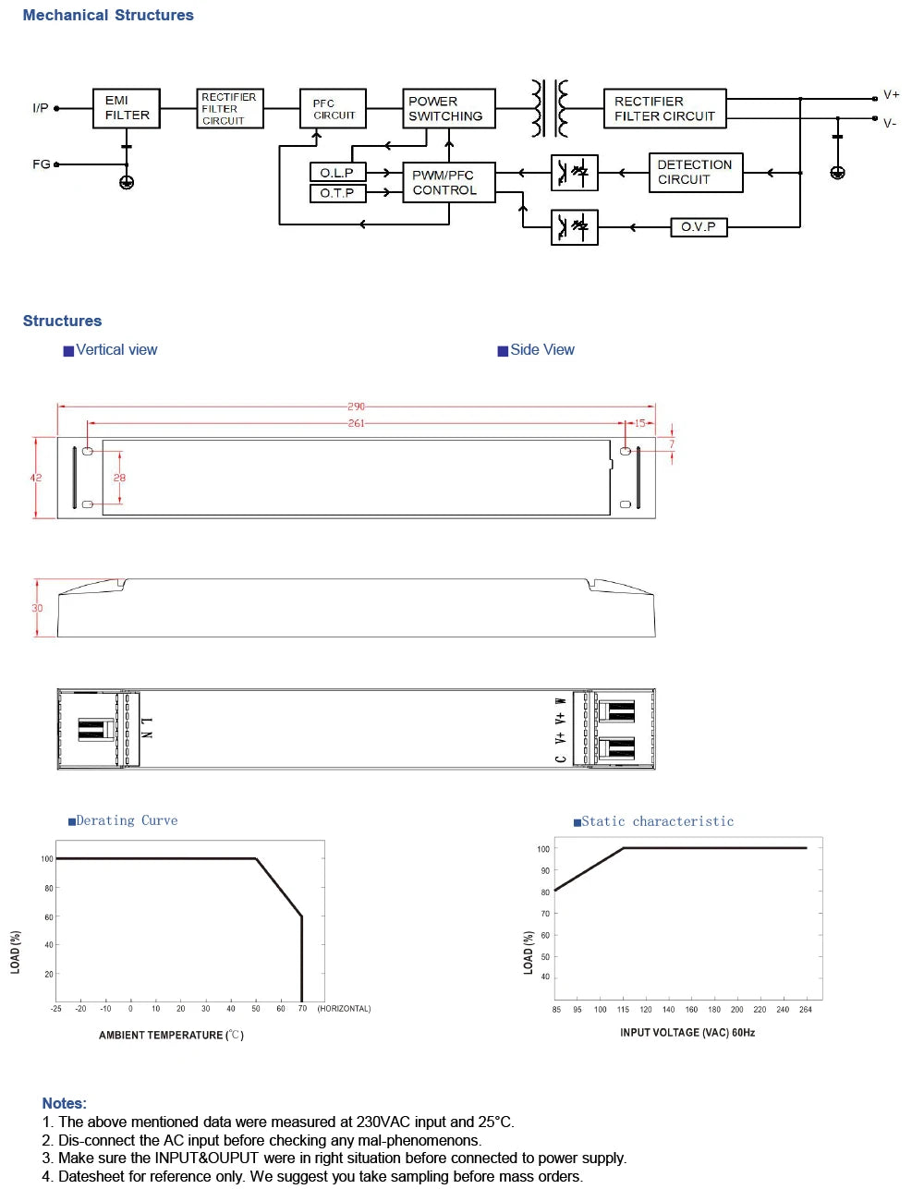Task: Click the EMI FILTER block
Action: click(127, 108)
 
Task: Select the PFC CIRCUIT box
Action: click(334, 108)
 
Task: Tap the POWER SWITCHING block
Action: click(449, 108)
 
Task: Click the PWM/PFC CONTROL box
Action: click(449, 183)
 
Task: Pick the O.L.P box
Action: click(337, 173)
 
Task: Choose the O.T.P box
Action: click(337, 193)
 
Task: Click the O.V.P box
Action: click(699, 226)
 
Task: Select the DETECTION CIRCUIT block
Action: click(696, 173)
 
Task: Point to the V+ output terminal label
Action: click(891, 94)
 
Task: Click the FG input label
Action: click(41, 164)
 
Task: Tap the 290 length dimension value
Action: click(356, 406)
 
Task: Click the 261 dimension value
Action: click(356, 423)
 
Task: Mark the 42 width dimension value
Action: click(35, 478)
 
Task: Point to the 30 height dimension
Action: click(37, 608)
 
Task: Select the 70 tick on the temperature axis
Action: click(302, 1009)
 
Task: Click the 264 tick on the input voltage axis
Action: click(806, 1010)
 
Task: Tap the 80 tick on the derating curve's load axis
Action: click(49, 888)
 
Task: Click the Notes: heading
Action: click(65, 1103)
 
